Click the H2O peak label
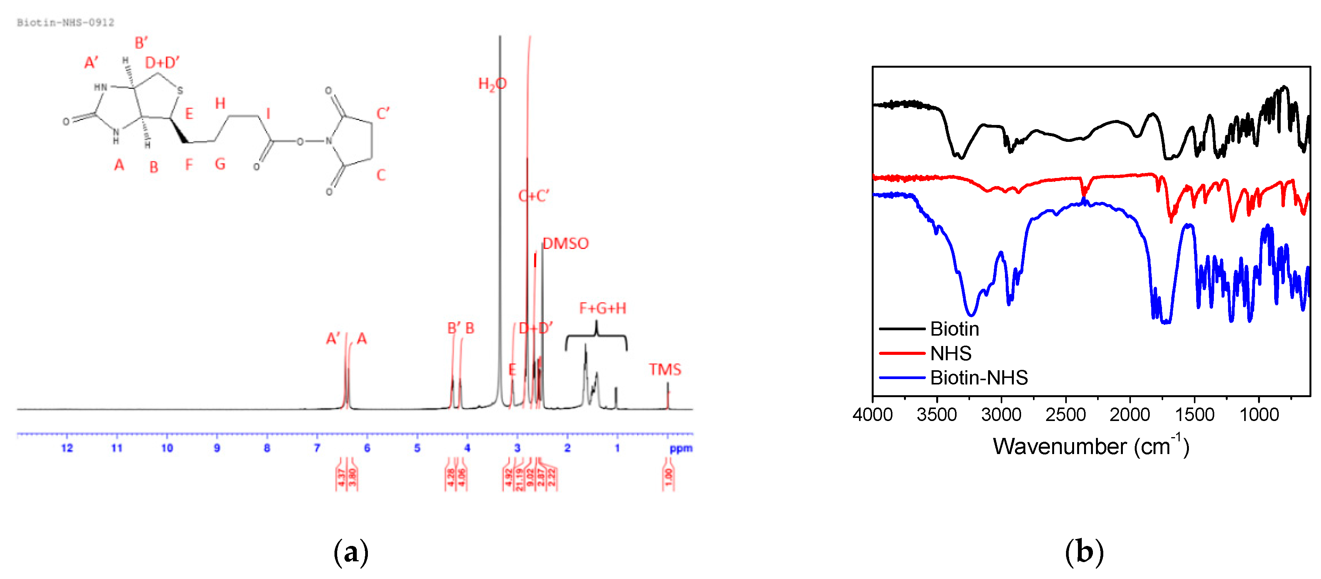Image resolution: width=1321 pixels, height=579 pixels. [x=492, y=84]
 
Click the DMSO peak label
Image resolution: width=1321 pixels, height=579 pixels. [x=566, y=243]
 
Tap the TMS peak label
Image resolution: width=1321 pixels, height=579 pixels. [x=665, y=369]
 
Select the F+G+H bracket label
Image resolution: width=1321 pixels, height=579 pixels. [x=603, y=308]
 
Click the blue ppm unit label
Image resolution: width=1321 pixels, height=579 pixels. [x=680, y=448]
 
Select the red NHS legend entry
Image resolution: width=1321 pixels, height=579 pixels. [x=950, y=354]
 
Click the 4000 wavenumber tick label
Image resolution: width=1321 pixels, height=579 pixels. [x=872, y=414]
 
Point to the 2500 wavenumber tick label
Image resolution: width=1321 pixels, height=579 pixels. [x=1066, y=414]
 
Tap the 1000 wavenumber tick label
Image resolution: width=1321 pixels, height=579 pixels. [x=1259, y=414]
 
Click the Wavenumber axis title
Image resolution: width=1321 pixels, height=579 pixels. [x=1091, y=446]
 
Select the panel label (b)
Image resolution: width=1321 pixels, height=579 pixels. [x=1084, y=553]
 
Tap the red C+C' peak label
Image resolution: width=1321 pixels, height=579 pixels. [x=534, y=196]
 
